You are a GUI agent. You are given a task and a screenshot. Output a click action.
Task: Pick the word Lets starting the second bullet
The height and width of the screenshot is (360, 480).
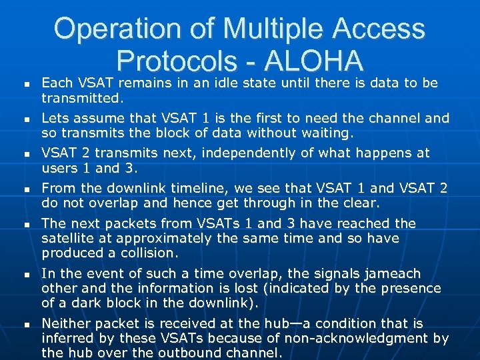point(55,118)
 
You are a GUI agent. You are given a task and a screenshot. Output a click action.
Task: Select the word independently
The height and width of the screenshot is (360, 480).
point(249,153)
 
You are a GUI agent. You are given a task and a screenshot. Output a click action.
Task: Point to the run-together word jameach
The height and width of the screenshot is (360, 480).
point(391,273)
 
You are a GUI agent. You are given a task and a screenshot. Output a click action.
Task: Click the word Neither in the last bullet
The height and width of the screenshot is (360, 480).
point(64,323)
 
